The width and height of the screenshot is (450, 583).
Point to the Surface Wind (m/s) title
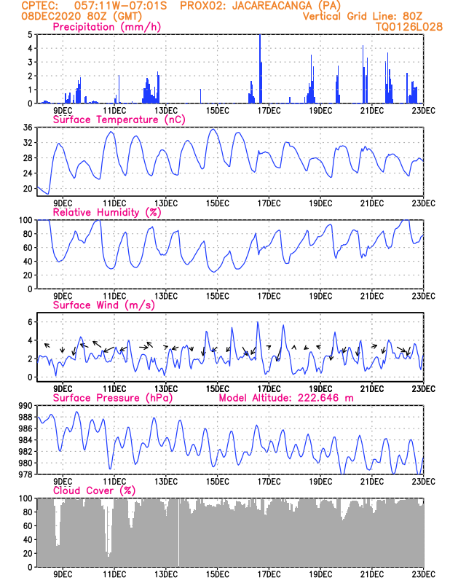click(103, 305)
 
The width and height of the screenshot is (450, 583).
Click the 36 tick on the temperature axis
click(28, 128)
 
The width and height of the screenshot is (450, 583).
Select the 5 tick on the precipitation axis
click(30, 35)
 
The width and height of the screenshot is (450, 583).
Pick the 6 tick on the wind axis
click(30, 322)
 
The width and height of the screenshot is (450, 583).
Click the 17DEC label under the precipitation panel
click(269, 111)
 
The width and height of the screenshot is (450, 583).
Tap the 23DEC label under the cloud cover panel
click(423, 574)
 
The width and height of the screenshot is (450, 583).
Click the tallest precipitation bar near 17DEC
click(260, 69)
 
